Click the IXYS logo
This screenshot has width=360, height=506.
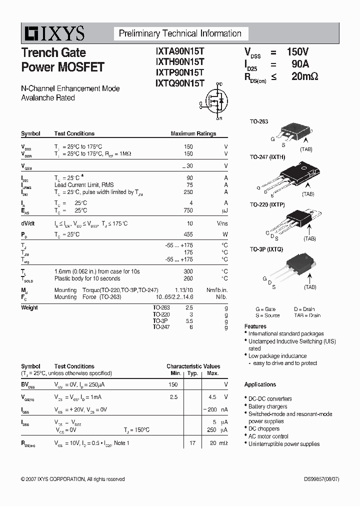(x=53, y=34)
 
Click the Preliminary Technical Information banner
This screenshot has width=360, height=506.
(x=180, y=34)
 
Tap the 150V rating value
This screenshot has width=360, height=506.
(x=297, y=52)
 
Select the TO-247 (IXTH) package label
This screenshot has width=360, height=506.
(x=267, y=157)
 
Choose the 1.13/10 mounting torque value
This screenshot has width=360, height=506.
(x=182, y=290)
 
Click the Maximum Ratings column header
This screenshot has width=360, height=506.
(x=193, y=133)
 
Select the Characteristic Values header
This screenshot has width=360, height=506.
(x=193, y=366)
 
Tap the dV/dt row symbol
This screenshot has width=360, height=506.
(x=28, y=223)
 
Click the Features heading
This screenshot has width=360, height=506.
(x=255, y=326)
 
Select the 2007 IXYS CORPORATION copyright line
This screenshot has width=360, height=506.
(x=73, y=479)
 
